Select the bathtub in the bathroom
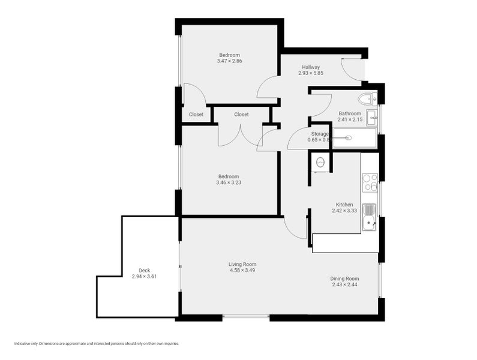pos(353,138)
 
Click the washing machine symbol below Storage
pos(320,162)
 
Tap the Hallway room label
pos(311,67)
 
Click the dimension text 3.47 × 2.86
pos(230,61)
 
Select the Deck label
pos(144,271)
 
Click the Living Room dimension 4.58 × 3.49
pos(242,270)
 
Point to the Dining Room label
pos(344,278)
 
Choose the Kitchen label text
pos(344,205)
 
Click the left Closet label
pos(196,115)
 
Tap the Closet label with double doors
pos(241,115)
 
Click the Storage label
pos(319,134)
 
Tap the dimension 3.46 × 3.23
pos(229,182)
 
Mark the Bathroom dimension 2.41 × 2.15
pos(350,120)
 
